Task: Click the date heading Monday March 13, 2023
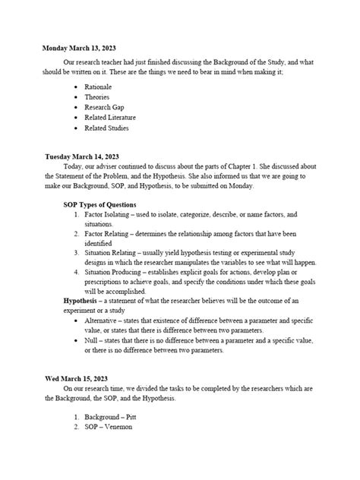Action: [x=77, y=47]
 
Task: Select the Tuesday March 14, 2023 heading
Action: [x=82, y=156]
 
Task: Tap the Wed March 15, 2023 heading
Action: [x=74, y=377]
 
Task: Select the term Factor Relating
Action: [x=111, y=237]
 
